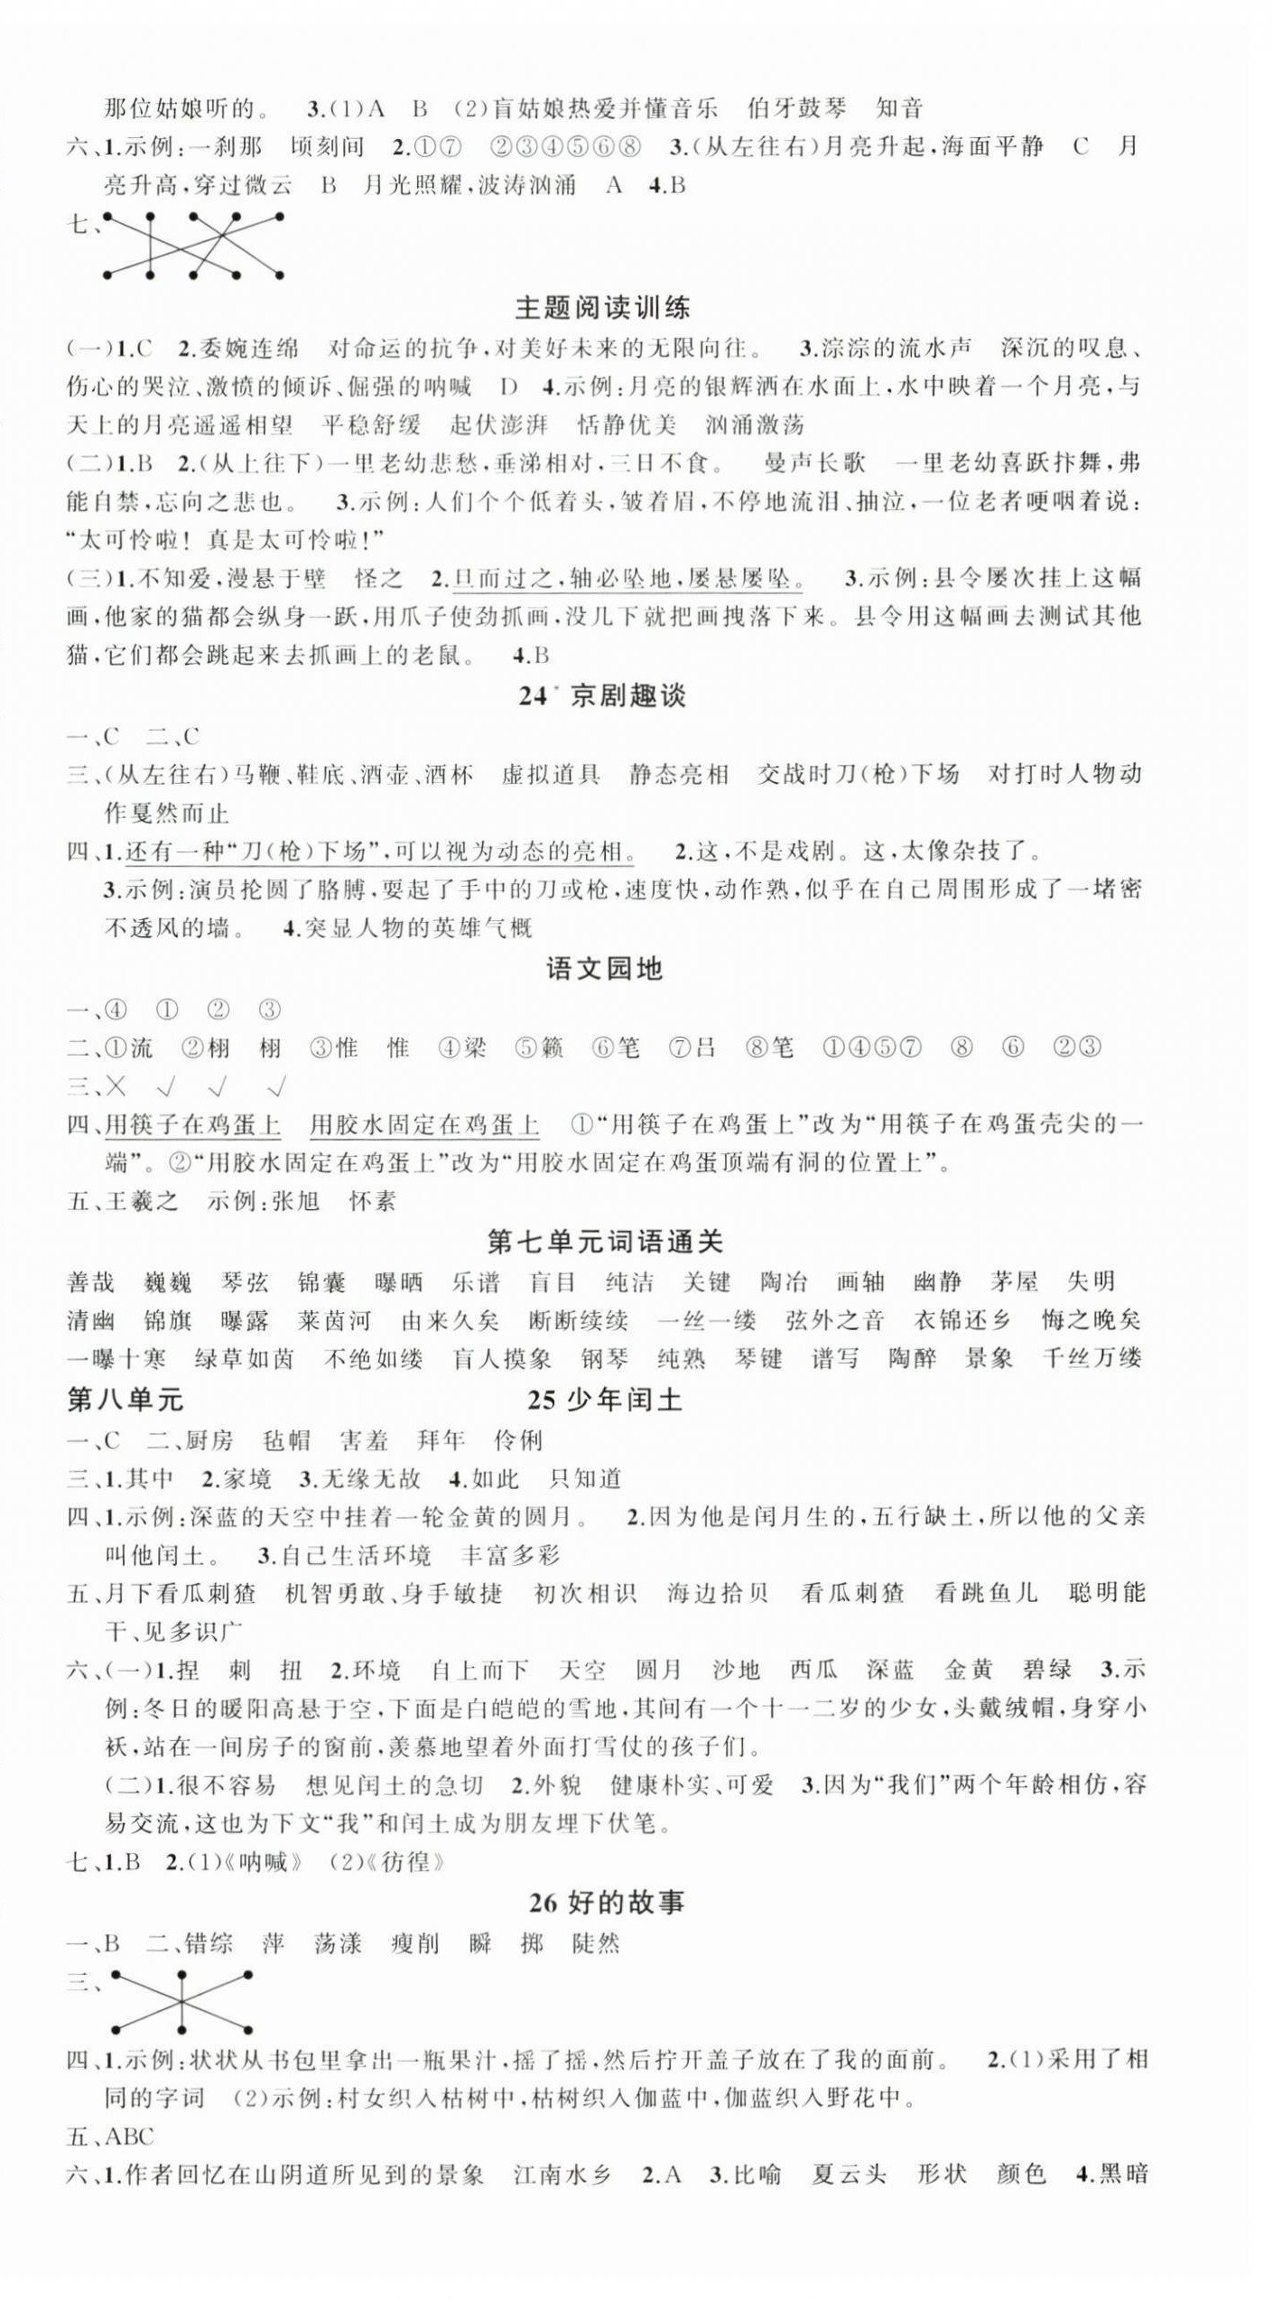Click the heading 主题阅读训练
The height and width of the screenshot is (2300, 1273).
coord(602,308)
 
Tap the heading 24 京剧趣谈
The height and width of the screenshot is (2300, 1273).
coord(602,695)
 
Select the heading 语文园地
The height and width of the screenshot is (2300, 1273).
coord(604,970)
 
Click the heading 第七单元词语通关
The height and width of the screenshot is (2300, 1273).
coord(605,1243)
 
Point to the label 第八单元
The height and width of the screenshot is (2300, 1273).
coord(125,1400)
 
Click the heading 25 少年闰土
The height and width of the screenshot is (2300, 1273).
coord(604,1400)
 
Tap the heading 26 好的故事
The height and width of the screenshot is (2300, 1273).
coord(606,1903)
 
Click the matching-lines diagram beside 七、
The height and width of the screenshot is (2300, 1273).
coord(193,246)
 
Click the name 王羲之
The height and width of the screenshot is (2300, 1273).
coord(142,1201)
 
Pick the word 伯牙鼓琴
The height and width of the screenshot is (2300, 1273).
coord(797,109)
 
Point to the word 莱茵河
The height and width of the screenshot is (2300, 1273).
coord(334,1321)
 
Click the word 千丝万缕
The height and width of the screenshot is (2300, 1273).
coord(1092,1359)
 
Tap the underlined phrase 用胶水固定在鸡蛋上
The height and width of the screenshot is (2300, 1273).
coord(424,1125)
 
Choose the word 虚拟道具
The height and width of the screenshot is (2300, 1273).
coord(550,775)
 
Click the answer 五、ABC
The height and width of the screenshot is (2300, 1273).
coord(110,2137)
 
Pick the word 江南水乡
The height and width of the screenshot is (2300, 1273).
coord(562,2174)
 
